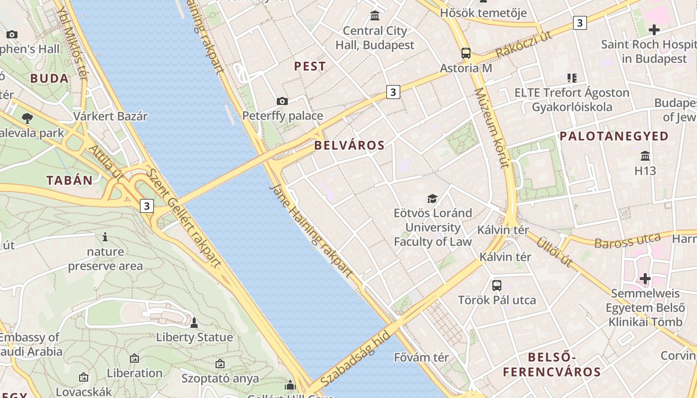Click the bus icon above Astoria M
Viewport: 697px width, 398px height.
tap(466, 53)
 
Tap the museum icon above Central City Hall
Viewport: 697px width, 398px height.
tap(375, 16)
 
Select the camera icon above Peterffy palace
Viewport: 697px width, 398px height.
tap(282, 101)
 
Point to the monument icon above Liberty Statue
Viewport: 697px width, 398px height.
tap(194, 323)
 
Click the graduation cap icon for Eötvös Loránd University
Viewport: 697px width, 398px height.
tap(432, 199)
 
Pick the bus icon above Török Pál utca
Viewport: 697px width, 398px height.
tap(497, 286)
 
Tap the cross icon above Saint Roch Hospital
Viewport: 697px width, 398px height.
tap(654, 30)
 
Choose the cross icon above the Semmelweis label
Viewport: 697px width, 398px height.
tap(645, 279)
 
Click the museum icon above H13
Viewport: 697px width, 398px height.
tap(645, 156)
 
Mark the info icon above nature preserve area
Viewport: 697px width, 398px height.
tap(105, 237)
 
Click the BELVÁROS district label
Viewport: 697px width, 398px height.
tap(349, 145)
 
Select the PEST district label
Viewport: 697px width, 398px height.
tap(310, 66)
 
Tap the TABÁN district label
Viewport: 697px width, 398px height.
tap(70, 180)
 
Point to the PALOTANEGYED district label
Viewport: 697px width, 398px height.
tap(614, 136)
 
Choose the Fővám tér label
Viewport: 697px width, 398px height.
tap(421, 357)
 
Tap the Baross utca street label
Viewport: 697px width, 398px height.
tap(627, 241)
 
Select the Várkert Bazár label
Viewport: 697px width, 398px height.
tap(111, 116)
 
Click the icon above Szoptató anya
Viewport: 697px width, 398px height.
tap(220, 364)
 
